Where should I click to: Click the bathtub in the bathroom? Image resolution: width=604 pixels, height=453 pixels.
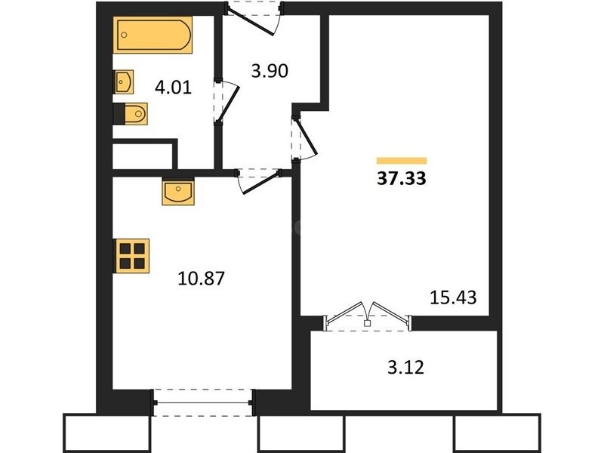(153, 35)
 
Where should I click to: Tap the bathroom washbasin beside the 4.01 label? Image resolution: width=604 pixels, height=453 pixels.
(123, 82)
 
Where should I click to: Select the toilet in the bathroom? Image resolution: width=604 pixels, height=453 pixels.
(131, 114)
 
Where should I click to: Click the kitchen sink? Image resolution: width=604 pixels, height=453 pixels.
(178, 192)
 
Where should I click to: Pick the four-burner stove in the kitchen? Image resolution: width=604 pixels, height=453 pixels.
(131, 256)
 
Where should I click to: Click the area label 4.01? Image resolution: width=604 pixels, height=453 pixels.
(173, 88)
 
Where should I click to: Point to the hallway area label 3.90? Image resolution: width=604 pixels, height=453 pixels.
(270, 71)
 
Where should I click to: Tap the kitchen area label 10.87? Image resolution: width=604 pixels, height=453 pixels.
(201, 278)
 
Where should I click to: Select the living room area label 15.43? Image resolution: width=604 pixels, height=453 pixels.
(453, 297)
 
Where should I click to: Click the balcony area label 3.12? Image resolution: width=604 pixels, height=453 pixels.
(405, 367)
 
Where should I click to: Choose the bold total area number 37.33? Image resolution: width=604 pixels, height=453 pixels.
(402, 178)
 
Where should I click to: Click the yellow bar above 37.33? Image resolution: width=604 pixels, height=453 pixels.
(402, 161)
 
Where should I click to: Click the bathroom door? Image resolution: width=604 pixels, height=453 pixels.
(227, 102)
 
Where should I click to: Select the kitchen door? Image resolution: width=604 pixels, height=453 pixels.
(259, 181)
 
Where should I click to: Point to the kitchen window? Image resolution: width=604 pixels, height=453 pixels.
(203, 402)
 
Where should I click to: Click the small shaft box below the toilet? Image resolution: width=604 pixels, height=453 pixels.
(142, 156)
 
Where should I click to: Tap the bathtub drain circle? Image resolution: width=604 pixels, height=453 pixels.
(124, 35)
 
